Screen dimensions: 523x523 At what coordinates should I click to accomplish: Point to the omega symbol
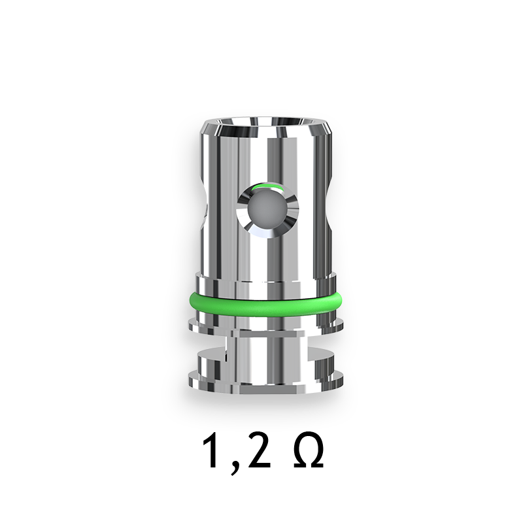308,451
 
